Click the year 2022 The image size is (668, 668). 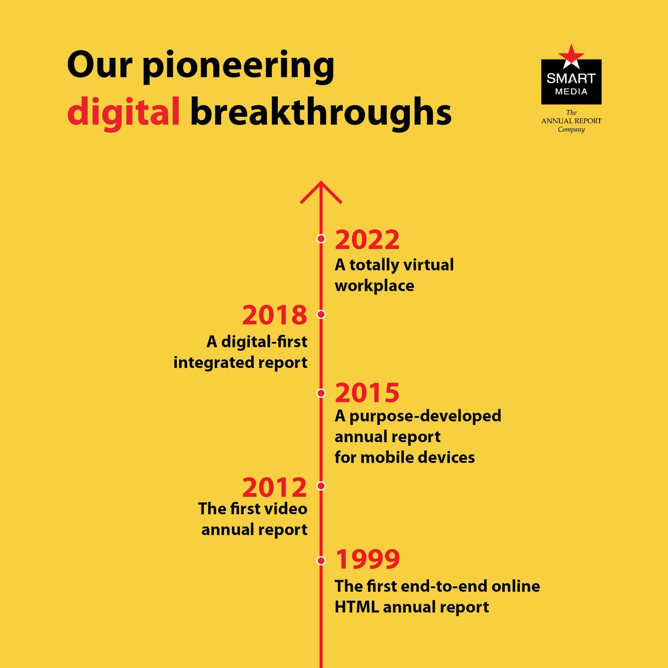(367, 240)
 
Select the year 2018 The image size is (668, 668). (274, 315)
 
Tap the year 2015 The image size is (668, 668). (367, 393)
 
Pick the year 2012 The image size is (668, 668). (274, 488)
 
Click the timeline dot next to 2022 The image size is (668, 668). (321, 239)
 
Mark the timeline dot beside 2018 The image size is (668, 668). (321, 315)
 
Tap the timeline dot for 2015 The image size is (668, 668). (321, 393)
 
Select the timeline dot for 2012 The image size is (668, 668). (321, 486)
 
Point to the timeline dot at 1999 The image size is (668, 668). (321, 561)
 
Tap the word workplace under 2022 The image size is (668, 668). (374, 286)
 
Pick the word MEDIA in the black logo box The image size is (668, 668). (571, 91)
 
